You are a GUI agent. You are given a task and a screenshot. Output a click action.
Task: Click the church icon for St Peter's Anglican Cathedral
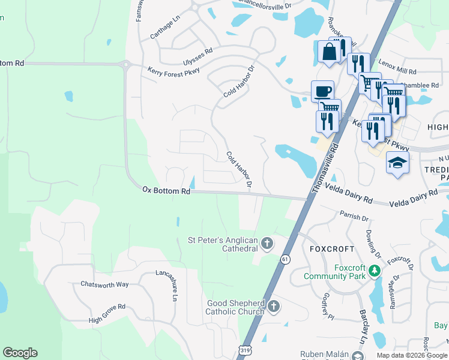pyautogui.click(x=267, y=244)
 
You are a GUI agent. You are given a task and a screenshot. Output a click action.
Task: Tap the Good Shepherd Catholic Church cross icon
pyautogui.click(x=273, y=307)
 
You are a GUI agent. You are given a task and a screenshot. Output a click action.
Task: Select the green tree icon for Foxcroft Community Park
pyautogui.click(x=375, y=271)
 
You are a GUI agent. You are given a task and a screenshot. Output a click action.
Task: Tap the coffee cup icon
pyautogui.click(x=322, y=91)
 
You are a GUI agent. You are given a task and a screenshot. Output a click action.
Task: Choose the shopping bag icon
pyautogui.click(x=330, y=52)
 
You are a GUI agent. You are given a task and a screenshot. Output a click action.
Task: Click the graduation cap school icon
pyautogui.click(x=397, y=163)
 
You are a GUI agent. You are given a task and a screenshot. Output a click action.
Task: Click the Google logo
pyautogui.click(x=20, y=353)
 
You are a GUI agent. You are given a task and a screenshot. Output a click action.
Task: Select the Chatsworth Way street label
pyautogui.click(x=105, y=284)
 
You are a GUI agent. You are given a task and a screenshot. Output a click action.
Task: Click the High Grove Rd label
pyautogui.click(x=107, y=313)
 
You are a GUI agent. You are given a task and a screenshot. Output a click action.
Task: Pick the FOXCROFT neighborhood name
pyautogui.click(x=329, y=248)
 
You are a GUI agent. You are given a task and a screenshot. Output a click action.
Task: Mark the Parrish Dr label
pyautogui.click(x=353, y=217)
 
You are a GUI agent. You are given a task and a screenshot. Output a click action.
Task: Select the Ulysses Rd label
pyautogui.click(x=198, y=57)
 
